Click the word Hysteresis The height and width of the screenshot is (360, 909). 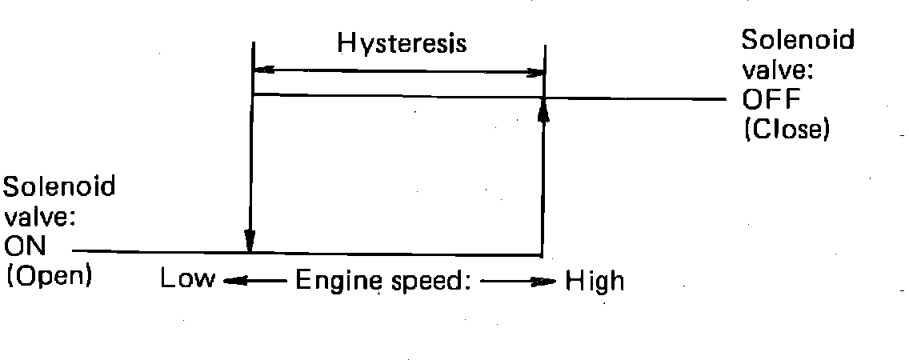pos(402,42)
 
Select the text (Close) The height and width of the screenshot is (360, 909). pos(785,129)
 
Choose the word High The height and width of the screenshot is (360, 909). pos(595,281)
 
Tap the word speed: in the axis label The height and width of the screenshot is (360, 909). pos(429,282)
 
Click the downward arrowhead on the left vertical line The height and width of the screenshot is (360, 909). pos(250,241)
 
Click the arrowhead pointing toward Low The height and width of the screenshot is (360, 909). pos(230,281)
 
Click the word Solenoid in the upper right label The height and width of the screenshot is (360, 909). pos(796,40)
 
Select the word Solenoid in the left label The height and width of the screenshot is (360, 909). pos(60,188)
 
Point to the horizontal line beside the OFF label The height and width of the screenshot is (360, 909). pos(640,99)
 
